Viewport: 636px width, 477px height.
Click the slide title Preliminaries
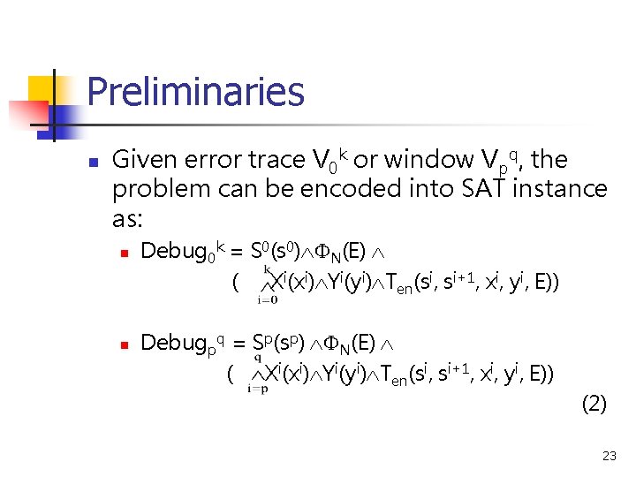195,92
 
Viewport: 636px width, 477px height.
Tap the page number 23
609,456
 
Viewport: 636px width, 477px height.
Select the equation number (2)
594,405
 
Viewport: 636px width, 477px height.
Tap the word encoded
367,189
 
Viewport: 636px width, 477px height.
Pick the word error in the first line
211,161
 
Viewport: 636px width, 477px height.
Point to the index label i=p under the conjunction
259,390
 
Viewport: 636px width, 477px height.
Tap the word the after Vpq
549,161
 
